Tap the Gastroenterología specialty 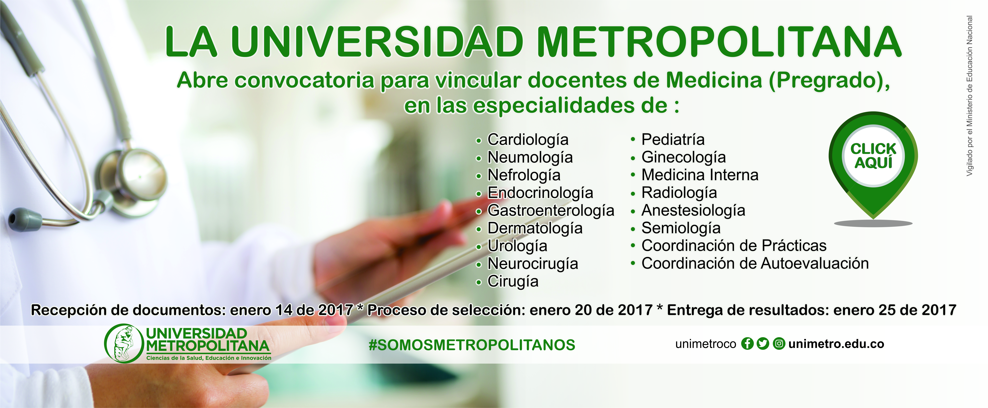click(551, 211)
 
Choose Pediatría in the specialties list click(673, 139)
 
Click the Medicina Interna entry click(700, 175)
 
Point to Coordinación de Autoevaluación click(755, 264)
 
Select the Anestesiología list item click(693, 211)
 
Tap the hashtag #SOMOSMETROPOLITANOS click(472, 345)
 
